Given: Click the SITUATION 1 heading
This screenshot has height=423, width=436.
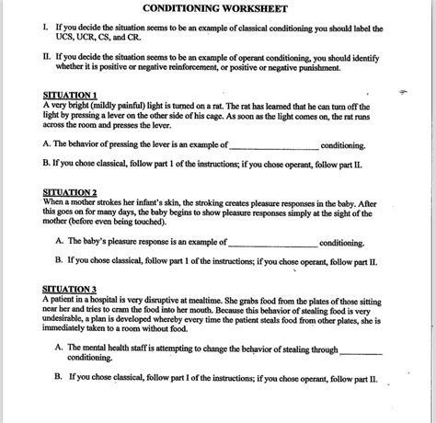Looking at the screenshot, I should pyautogui.click(x=70, y=96).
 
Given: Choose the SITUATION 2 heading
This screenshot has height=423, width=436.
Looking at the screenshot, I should pyautogui.click(x=70, y=192).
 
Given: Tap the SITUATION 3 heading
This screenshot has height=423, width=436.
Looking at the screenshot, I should pyautogui.click(x=70, y=289).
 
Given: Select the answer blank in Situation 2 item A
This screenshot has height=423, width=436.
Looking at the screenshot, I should pyautogui.click(x=271, y=244).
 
